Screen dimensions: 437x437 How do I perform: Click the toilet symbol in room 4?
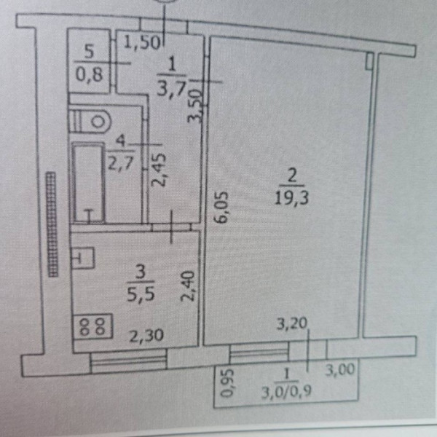(90, 122)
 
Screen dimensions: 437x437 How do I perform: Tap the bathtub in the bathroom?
(88, 183)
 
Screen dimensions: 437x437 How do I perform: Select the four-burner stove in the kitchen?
(92, 326)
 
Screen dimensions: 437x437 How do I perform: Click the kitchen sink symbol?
(83, 259)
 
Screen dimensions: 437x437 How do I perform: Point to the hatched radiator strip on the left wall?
(52, 224)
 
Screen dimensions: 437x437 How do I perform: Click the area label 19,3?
(291, 198)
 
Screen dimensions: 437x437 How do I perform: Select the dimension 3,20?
(292, 324)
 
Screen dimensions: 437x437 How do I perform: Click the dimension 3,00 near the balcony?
(340, 370)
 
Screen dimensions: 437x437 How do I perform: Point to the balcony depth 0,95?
(227, 382)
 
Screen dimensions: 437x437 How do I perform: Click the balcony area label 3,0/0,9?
(286, 392)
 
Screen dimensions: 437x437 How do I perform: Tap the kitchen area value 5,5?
(141, 294)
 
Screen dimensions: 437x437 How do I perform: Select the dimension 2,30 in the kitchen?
(146, 335)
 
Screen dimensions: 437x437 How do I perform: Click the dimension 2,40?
(187, 286)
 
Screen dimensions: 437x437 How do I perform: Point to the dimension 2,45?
(159, 170)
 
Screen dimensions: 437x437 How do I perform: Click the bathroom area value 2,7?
(121, 162)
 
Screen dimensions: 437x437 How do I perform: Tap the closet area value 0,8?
(90, 74)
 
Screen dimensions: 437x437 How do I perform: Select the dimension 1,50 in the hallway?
(142, 42)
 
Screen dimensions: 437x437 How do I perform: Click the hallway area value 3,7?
(172, 89)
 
